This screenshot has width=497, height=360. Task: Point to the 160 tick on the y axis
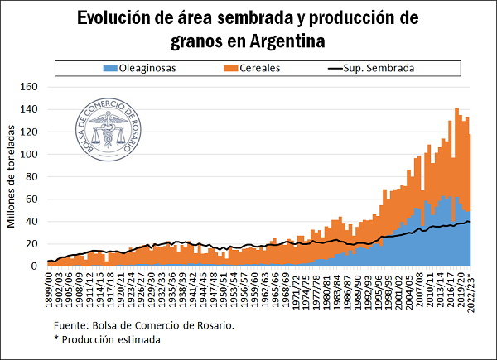click(x=31, y=87)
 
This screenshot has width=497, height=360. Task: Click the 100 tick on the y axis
click(x=31, y=154)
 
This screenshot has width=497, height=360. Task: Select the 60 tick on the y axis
click(x=34, y=199)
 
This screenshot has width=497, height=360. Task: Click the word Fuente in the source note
click(x=70, y=324)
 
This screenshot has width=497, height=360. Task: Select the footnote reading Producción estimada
click(x=107, y=339)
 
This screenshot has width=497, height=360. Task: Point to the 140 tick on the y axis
click(x=31, y=109)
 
